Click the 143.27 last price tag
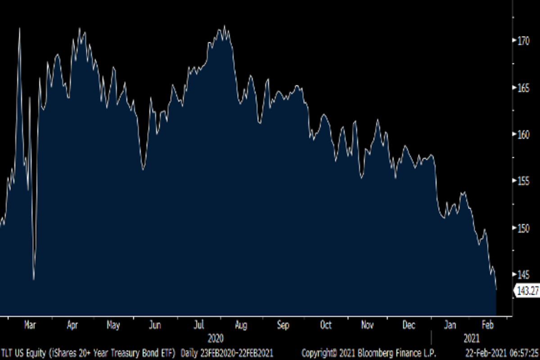pyautogui.click(x=527, y=291)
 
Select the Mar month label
pyautogui.click(x=30, y=325)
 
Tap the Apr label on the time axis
pyautogui.click(x=72, y=325)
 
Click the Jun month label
pyautogui.click(x=155, y=325)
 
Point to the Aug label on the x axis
pyautogui.click(x=241, y=325)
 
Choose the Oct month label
pyautogui.click(x=326, y=325)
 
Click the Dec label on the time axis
pyautogui.click(x=409, y=325)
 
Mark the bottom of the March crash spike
pyautogui.click(x=34, y=279)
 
